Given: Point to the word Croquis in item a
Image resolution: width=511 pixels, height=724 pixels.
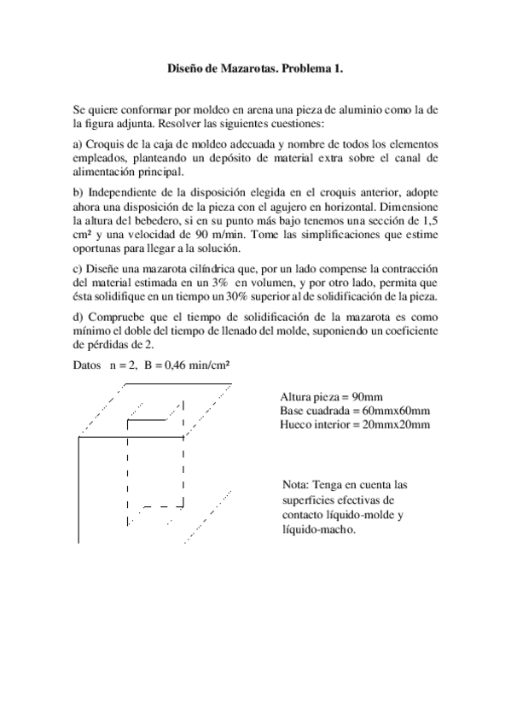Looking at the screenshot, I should pos(108,143).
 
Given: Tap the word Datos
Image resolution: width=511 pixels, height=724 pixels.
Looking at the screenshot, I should pos(89,366).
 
